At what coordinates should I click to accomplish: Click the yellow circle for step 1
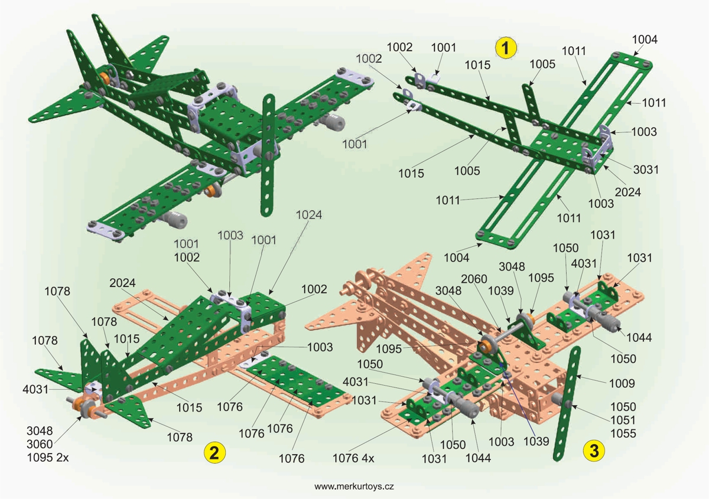click(x=506, y=47)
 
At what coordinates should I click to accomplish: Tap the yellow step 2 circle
click(x=214, y=452)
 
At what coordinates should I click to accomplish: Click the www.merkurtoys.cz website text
click(x=354, y=487)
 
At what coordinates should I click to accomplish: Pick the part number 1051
click(x=623, y=420)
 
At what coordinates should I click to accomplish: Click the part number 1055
click(x=623, y=434)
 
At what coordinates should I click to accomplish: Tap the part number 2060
click(x=474, y=278)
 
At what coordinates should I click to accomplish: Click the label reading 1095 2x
click(x=44, y=457)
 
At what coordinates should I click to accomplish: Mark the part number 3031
click(x=645, y=169)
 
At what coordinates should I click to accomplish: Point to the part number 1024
click(x=310, y=216)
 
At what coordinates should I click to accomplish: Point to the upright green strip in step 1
click(x=529, y=100)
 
